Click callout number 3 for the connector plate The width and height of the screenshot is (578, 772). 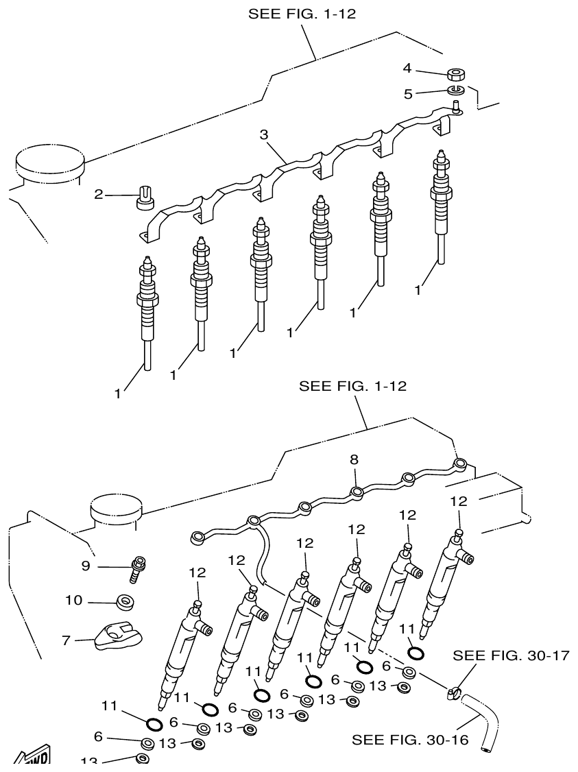263,134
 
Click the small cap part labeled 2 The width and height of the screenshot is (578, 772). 145,197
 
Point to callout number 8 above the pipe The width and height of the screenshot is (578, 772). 354,459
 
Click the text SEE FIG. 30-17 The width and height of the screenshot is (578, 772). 511,655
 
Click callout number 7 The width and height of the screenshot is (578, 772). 66,640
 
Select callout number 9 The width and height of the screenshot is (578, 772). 86,566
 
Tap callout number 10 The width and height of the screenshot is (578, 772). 74,601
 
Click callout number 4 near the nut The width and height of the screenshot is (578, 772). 407,68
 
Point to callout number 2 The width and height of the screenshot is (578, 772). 99,195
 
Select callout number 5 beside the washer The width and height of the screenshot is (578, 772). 408,94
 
